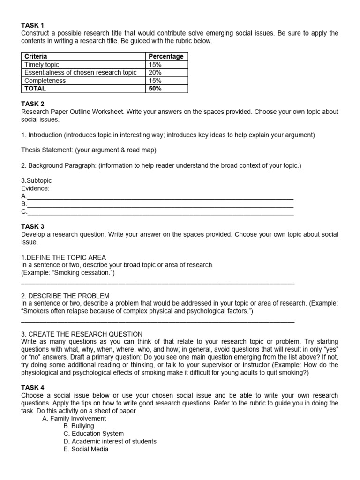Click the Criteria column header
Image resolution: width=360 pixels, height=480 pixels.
(x=36, y=56)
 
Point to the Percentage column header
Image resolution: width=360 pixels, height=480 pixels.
(x=166, y=56)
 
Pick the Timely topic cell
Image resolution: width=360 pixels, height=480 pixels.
(x=42, y=65)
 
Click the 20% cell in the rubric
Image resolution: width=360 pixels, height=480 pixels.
(x=155, y=73)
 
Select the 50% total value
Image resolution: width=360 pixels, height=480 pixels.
(x=155, y=89)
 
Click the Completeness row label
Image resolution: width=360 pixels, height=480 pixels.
(x=45, y=81)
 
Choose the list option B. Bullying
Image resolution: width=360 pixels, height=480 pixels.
(x=79, y=426)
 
